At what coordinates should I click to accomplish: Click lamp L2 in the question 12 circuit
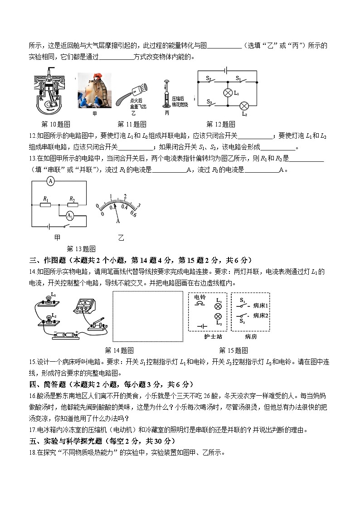point(244,106)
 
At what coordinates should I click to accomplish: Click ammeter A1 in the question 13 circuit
point(70,216)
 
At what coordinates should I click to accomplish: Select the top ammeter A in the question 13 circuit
point(51,180)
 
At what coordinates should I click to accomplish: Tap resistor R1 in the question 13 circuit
point(46,204)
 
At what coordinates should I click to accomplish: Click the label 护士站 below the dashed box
point(208,337)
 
